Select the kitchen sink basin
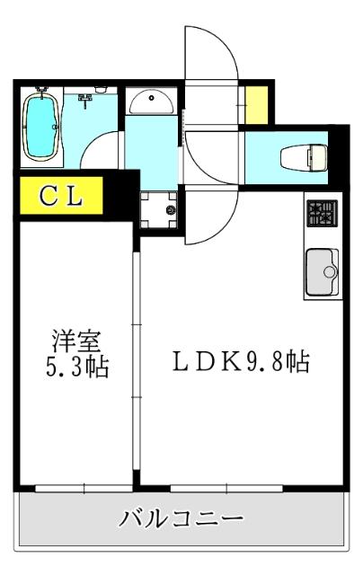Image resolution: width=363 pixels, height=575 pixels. [321, 270]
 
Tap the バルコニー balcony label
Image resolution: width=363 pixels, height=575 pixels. [181, 519]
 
